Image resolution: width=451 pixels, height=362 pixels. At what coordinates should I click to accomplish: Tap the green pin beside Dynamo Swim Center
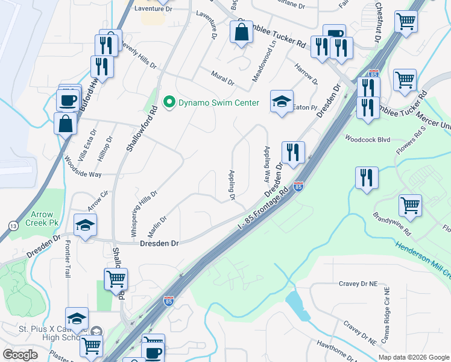tap(169, 103)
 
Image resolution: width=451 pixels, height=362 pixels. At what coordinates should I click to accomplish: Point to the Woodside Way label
tap(83, 167)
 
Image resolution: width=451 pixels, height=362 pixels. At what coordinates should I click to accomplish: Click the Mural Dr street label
tap(222, 75)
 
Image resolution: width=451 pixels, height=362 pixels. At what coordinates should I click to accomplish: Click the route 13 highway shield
tap(13, 226)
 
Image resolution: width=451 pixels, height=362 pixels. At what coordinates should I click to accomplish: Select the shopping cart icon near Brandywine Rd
tap(411, 205)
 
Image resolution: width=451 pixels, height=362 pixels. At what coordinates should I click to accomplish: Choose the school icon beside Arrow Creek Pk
tap(85, 225)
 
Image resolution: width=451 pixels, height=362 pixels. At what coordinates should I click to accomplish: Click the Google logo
tap(20, 355)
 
